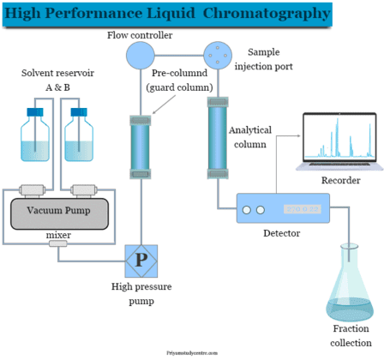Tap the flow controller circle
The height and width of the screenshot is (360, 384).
tap(138, 56)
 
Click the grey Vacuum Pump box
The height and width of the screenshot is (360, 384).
tap(59, 212)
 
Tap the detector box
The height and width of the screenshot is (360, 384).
tap(283, 209)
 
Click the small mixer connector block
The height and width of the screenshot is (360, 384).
tap(58, 244)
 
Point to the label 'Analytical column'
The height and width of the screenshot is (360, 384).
tap(251, 138)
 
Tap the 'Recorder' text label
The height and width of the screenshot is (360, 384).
tap(339, 181)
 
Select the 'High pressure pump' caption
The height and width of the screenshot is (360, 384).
tap(139, 294)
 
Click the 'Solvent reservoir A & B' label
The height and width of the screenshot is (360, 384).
tap(58, 81)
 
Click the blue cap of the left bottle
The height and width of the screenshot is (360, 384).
tap(35, 111)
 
